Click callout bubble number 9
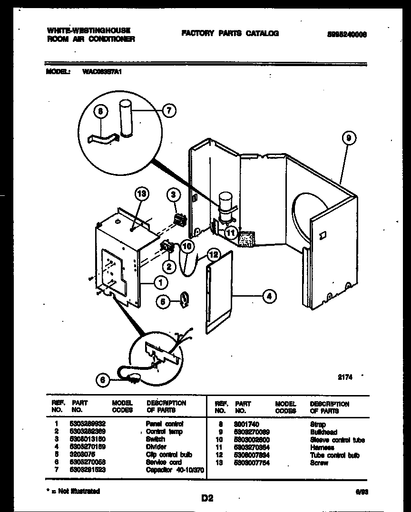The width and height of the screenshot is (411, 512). (349, 138)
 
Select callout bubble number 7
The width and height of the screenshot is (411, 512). (169, 111)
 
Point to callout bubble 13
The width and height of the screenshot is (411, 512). (141, 193)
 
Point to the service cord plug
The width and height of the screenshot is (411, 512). (134, 379)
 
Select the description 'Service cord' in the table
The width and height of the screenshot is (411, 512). (164, 462)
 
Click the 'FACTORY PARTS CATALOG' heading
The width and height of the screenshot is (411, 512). (230, 33)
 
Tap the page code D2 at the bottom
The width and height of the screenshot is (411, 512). (206, 498)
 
